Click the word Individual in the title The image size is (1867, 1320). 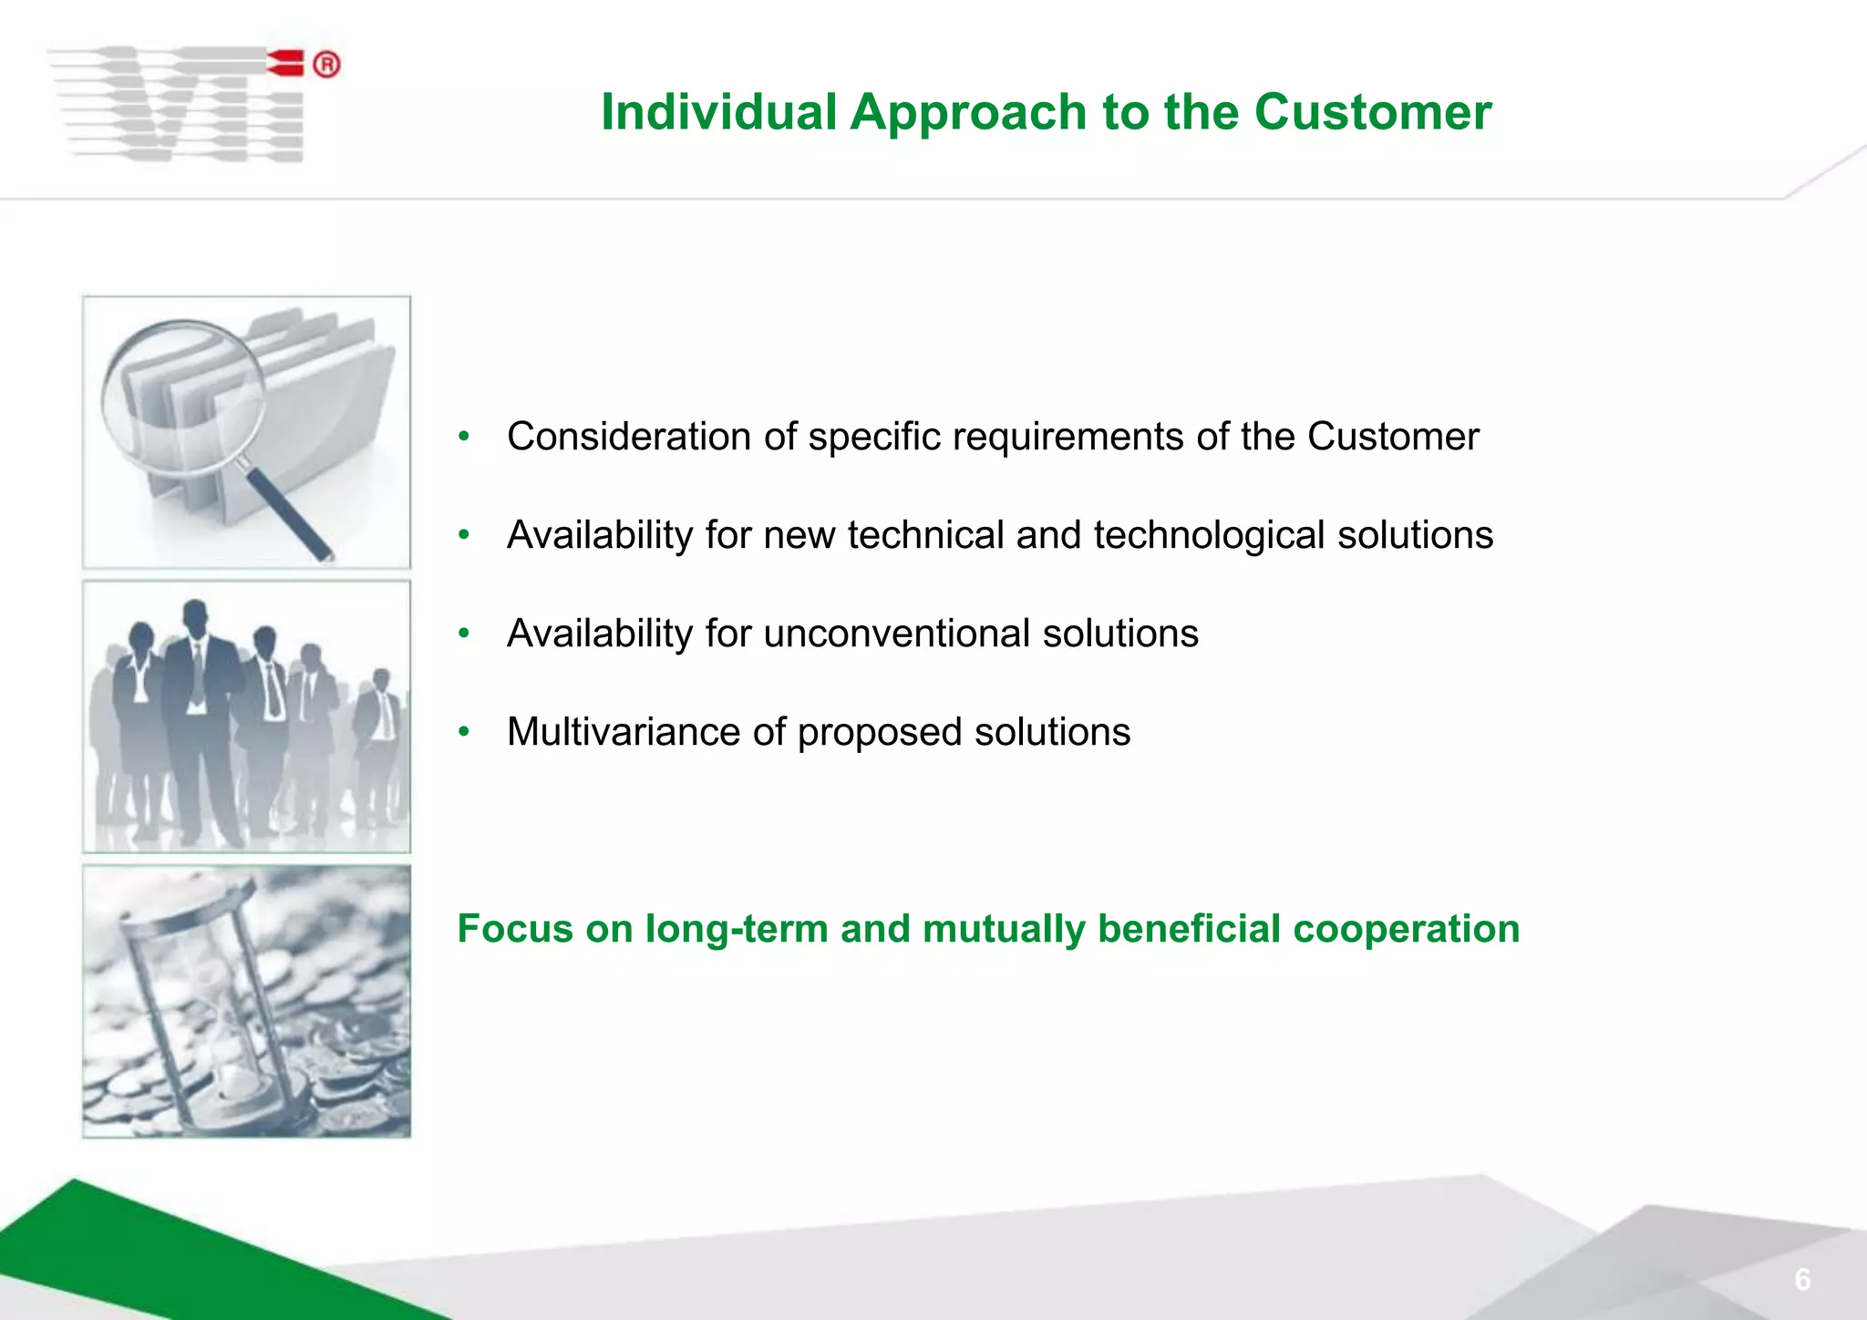[x=718, y=113]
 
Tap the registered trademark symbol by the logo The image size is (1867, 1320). [x=326, y=65]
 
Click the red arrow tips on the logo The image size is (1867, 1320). [x=285, y=62]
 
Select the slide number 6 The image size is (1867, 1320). [x=1802, y=1280]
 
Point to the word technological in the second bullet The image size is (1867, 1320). [x=1209, y=535]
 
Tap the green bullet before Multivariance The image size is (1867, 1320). [x=464, y=731]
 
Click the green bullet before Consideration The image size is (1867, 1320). [x=464, y=436]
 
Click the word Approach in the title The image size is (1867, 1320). [x=968, y=113]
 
